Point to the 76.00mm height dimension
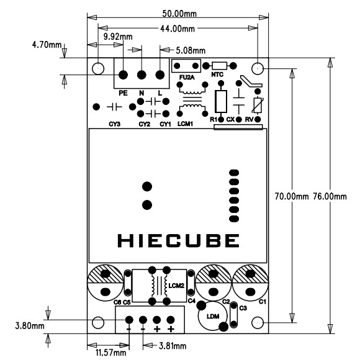click(331, 196)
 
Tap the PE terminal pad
click(124, 75)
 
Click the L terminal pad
click(160, 75)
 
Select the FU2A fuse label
click(187, 78)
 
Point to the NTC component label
click(217, 75)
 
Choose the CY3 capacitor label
click(114, 125)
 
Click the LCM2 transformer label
click(177, 286)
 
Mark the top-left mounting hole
click(99, 67)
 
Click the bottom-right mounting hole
click(258, 323)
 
